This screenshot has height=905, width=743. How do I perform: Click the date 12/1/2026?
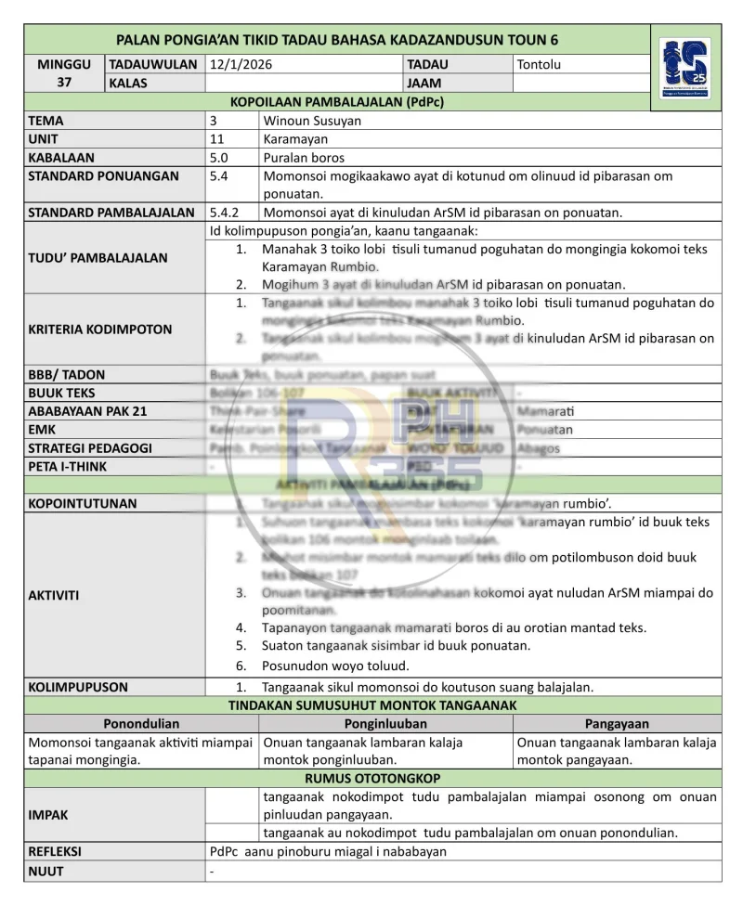(x=241, y=65)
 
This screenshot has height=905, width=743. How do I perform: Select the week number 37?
(x=64, y=83)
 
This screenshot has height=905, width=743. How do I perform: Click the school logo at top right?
(x=685, y=69)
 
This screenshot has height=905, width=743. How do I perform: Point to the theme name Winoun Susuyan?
(x=312, y=121)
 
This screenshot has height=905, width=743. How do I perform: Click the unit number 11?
(x=217, y=139)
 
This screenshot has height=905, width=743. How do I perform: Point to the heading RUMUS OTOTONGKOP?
(x=372, y=778)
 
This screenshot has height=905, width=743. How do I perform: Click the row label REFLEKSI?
(x=55, y=851)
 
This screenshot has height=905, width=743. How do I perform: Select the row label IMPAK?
(x=48, y=814)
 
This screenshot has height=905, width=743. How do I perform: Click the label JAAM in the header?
(x=424, y=83)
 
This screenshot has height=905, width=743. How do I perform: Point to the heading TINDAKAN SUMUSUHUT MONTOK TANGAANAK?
(x=372, y=705)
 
